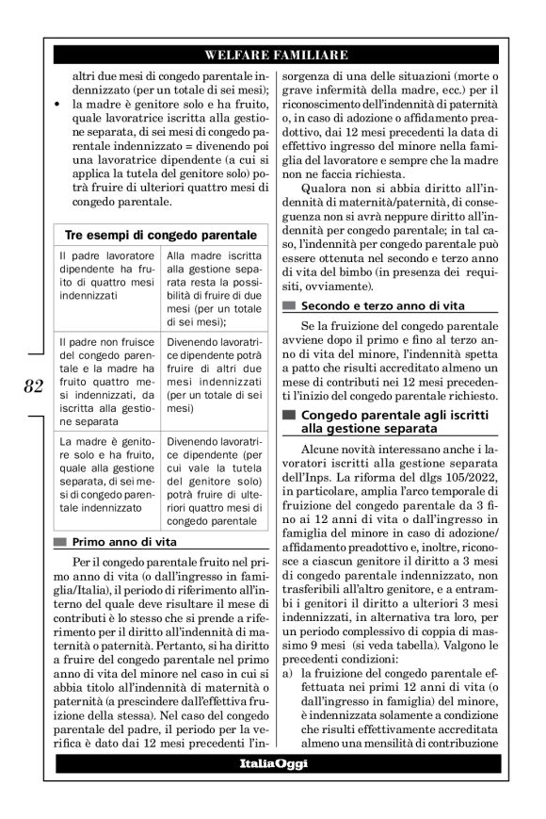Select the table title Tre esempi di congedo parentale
coord(159,234)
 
